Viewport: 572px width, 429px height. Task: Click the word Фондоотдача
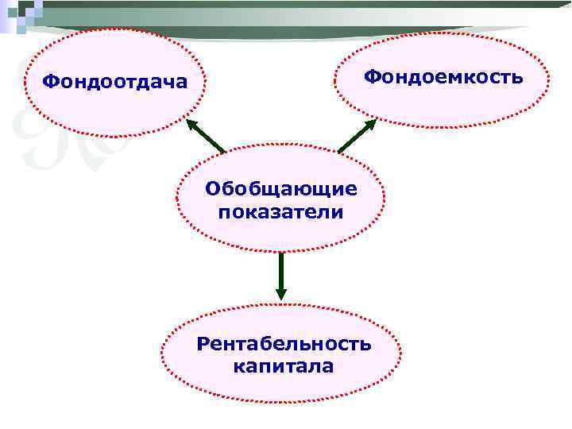point(115,81)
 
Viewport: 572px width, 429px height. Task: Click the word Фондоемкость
point(443,77)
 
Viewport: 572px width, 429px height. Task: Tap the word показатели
point(281,212)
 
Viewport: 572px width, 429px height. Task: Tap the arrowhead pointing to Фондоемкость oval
point(371,125)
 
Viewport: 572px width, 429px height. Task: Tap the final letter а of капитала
point(327,367)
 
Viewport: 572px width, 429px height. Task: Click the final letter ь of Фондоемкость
point(516,78)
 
